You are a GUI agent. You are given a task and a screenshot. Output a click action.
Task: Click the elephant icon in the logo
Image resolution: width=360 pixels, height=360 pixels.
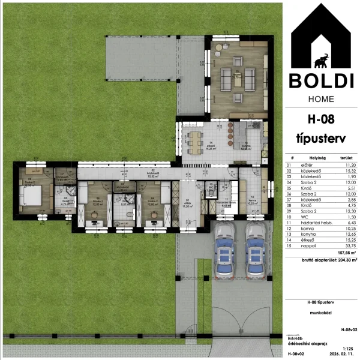pos(322,60)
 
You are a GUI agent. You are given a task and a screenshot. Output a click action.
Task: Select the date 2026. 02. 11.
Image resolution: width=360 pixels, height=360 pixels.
pos(338,354)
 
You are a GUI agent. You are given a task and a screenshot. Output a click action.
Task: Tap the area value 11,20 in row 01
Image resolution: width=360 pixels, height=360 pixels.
pos(340,164)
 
